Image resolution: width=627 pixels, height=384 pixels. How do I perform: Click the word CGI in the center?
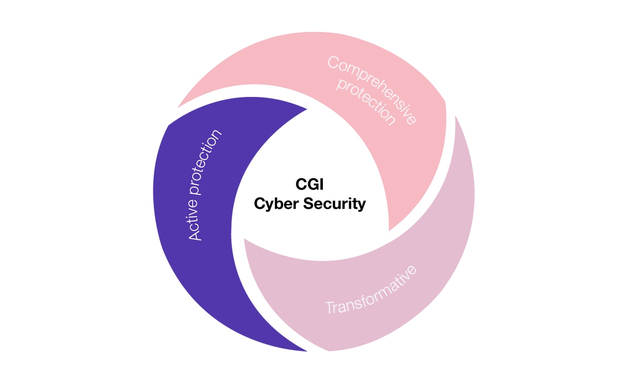click(x=309, y=185)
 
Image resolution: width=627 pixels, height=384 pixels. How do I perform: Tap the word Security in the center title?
click(x=335, y=204)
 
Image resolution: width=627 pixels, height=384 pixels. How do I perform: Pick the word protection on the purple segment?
click(x=206, y=162)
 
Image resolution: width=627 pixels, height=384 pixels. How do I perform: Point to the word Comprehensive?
click(x=372, y=90)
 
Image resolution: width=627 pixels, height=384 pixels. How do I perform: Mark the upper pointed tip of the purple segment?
click(x=307, y=109)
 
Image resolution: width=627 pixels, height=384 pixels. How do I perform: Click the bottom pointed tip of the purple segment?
click(x=307, y=351)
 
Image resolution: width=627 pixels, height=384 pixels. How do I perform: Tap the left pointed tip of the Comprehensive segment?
click(x=178, y=107)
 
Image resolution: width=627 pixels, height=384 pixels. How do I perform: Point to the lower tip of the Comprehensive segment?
click(x=389, y=231)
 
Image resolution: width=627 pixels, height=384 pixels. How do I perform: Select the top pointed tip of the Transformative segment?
click(x=456, y=116)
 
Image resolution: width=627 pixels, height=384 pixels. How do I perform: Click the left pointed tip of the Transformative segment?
click(x=244, y=239)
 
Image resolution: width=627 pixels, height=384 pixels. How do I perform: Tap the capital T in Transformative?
click(x=330, y=308)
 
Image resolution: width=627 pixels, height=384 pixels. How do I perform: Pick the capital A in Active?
click(x=195, y=234)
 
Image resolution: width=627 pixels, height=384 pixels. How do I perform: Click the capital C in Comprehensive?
click(x=333, y=62)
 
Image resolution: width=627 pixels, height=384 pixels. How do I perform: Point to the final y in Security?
click(x=362, y=205)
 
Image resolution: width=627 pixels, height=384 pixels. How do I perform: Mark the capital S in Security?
click(x=308, y=203)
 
